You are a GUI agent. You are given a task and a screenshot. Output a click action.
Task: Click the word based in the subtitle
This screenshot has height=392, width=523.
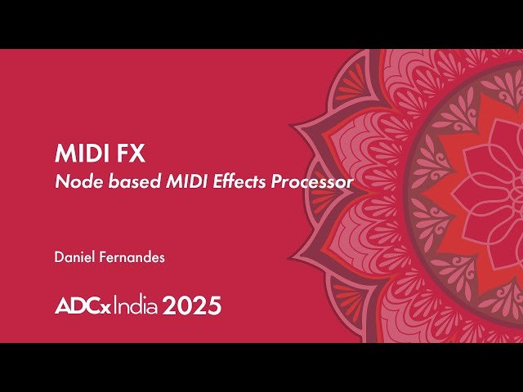[x=118, y=181]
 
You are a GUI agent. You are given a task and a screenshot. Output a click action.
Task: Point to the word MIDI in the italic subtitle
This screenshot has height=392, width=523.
[x=168, y=181]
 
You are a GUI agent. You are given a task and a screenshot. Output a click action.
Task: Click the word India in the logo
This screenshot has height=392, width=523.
[x=136, y=306]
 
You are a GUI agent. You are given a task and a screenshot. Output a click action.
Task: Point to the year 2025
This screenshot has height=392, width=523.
[x=192, y=306]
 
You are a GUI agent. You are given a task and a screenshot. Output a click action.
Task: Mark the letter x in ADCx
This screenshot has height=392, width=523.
[x=106, y=309]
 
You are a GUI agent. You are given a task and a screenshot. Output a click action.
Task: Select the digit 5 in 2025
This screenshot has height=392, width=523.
[x=213, y=306]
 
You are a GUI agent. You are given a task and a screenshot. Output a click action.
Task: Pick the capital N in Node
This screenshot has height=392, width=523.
[x=60, y=181]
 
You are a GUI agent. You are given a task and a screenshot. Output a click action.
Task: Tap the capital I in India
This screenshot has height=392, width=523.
[x=115, y=306]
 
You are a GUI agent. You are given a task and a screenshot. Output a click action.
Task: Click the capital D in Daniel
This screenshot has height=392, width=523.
[x=59, y=257]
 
